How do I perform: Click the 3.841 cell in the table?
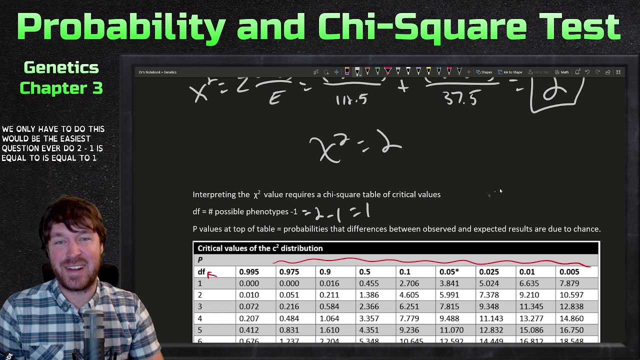pos(449,283)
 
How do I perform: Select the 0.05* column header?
pos(449,272)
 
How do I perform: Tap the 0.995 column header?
pos(249,272)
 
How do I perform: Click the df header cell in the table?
pos(201,272)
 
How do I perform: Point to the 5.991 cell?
pos(449,295)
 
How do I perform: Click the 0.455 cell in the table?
pos(369,283)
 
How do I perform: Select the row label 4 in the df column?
pos(200,318)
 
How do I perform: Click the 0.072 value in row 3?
pos(249,306)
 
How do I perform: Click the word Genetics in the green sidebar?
pos(61,67)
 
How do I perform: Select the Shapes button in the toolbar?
pos(484,72)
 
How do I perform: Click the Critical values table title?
pos(260,248)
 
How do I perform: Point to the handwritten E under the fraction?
pos(275,98)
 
